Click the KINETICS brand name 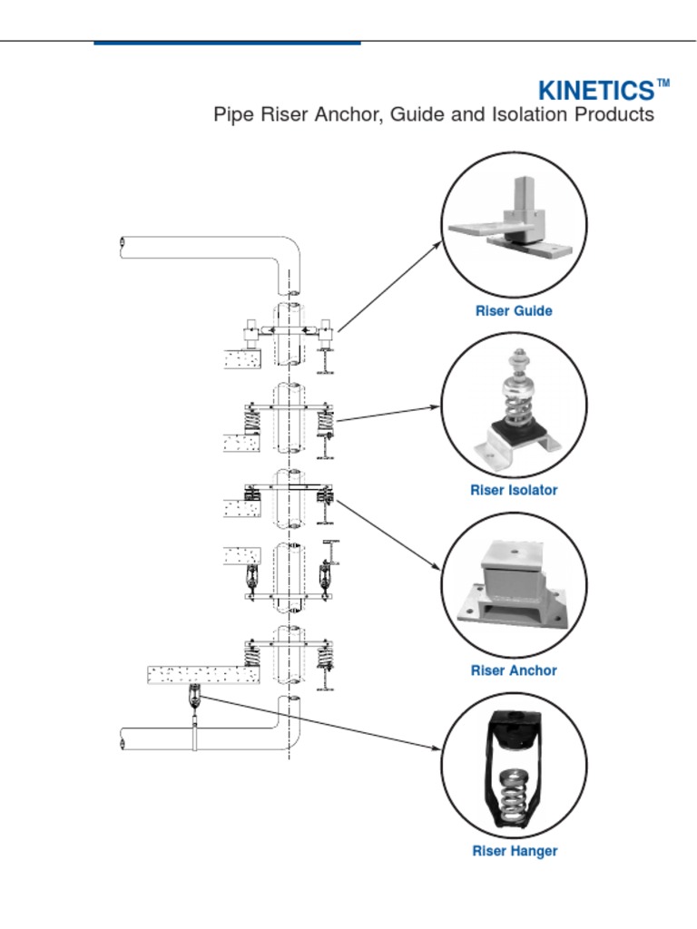595,91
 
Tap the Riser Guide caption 514,311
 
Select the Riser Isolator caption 514,490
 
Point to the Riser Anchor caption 514,670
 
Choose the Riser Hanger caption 514,851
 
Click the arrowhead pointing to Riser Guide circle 437,246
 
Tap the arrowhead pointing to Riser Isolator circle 436,407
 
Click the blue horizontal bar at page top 227,43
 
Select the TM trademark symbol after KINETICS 663,83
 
